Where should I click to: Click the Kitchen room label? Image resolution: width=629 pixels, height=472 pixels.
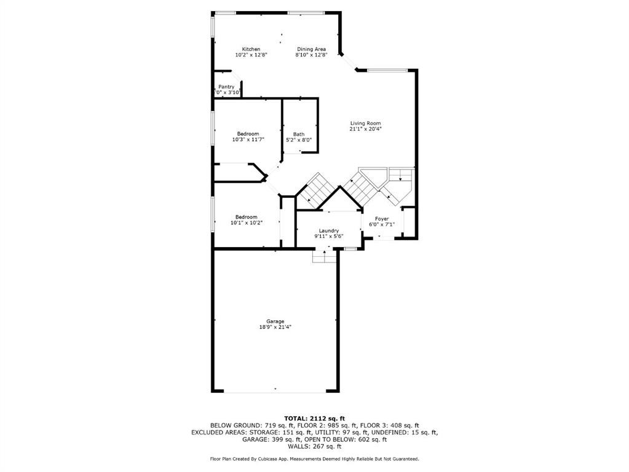pos(251,49)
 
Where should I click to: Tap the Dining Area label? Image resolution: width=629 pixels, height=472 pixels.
pos(311,49)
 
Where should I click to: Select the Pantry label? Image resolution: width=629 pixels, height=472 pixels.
pos(226,87)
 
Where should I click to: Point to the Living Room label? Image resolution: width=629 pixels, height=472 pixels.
pos(365,123)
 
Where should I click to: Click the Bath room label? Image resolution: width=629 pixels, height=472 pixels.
pos(299,134)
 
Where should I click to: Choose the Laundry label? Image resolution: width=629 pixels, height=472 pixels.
pos(328,230)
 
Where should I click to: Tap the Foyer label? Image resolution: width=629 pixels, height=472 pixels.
pos(382,219)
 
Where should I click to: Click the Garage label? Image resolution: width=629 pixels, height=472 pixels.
pos(275,321)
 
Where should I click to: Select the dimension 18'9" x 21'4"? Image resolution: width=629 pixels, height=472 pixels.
pos(275,328)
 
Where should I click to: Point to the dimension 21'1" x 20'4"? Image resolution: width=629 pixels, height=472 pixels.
pos(365,129)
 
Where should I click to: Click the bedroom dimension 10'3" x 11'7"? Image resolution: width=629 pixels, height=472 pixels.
pos(248,140)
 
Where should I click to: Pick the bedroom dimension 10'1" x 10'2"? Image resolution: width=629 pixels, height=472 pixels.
pos(246,222)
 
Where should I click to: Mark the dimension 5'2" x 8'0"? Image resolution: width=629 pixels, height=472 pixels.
pos(299,140)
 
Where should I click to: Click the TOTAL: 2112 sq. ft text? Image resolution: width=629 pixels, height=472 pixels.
pos(314,418)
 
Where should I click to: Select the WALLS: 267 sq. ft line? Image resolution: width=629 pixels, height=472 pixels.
pos(314,447)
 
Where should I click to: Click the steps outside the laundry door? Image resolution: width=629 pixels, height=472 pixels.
pos(325,256)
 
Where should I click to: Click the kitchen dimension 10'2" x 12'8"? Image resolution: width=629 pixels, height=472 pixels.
pos(251,55)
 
